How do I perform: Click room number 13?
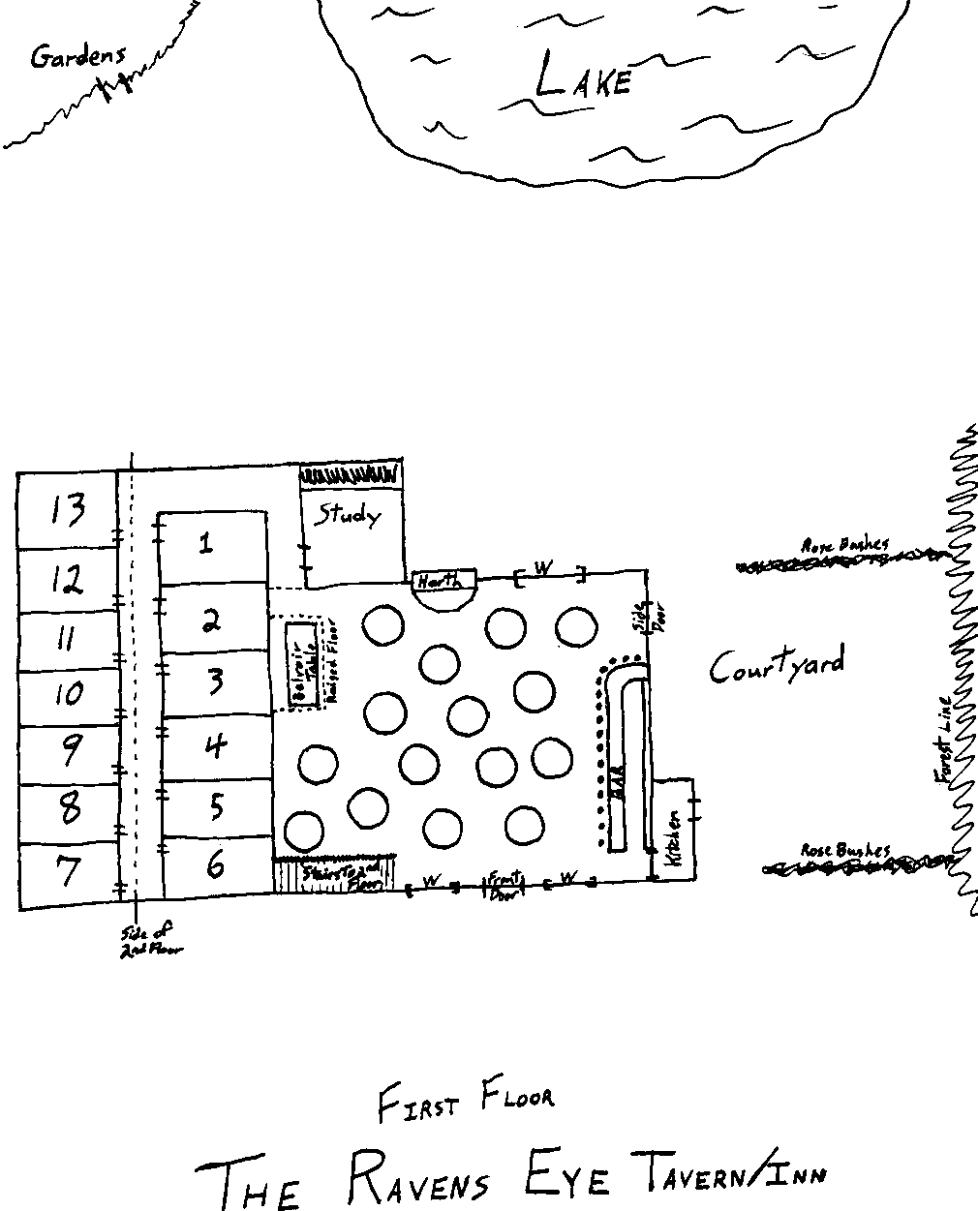point(69,510)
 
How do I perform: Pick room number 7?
point(68,873)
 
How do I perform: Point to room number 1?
point(205,544)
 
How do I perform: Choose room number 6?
point(215,864)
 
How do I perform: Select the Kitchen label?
point(675,837)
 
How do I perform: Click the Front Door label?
point(504,885)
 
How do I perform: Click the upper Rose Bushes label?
point(844,545)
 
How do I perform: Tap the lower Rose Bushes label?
point(844,850)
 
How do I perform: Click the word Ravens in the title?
point(416,1176)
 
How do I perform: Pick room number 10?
point(67,693)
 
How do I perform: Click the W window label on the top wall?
point(543,569)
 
